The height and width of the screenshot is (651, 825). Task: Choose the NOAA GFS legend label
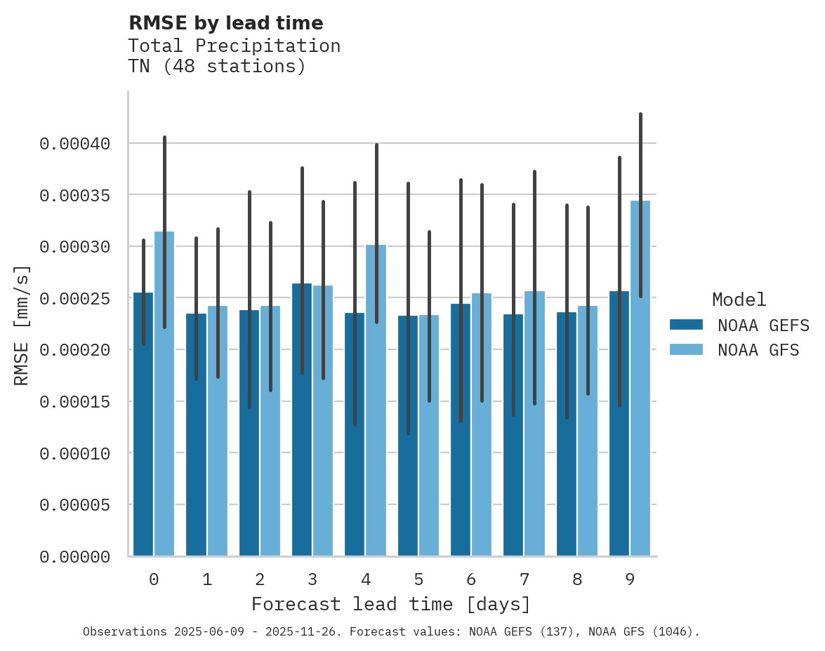point(758,350)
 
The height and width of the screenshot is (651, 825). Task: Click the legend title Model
point(739,300)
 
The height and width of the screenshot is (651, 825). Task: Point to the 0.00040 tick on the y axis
point(75,144)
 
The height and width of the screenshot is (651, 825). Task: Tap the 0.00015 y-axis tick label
point(75,402)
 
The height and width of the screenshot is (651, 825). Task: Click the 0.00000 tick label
point(75,557)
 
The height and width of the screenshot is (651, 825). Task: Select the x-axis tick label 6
point(471,579)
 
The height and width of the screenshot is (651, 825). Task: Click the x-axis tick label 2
point(260,579)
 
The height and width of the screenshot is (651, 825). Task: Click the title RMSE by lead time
point(225,23)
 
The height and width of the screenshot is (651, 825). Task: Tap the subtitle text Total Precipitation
point(234,46)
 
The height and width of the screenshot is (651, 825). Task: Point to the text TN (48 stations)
point(217,67)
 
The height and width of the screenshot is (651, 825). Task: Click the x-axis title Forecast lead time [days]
point(391,604)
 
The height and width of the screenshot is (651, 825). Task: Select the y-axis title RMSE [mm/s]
point(22,325)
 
